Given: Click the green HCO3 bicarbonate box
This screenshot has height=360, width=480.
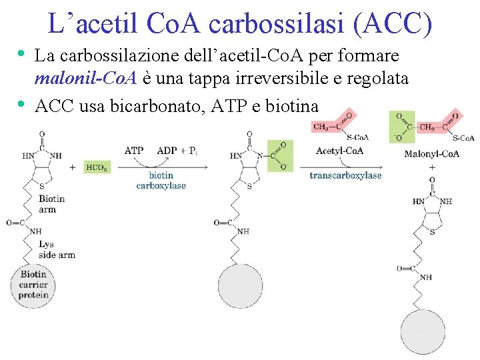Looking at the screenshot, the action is coord(97,167).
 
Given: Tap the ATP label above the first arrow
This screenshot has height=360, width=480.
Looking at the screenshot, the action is coord(134,151).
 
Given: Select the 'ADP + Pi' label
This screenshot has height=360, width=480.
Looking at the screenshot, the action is coord(177,151).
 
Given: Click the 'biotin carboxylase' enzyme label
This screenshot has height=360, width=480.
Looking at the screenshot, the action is coord(161,180).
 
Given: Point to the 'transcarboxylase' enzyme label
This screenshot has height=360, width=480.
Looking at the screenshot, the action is coord(345,175).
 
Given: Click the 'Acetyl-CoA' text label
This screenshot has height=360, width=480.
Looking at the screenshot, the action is coord(339,151).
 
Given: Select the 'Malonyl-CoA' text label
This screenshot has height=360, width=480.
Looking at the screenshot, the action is coord(431,154).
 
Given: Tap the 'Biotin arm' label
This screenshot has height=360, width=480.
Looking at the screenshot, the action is coord(52,204).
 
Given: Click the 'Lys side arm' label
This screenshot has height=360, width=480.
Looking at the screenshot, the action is coord(57,249).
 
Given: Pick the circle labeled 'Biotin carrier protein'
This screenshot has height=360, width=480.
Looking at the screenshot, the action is coord(33,285).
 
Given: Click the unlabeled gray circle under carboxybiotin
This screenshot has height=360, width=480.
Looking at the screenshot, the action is coord(240,285).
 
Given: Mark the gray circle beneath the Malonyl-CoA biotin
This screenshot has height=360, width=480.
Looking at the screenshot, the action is coord(423,332).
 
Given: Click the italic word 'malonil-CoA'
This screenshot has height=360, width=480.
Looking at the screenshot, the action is coord(86,78).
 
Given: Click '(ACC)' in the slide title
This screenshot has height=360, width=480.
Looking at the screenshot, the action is coord(393,23).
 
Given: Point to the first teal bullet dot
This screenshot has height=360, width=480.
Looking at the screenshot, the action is coord(21,54).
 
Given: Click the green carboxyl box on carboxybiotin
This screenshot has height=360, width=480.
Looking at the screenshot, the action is coord(280,156).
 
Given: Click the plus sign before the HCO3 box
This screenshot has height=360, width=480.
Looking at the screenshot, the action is coord(73,167).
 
